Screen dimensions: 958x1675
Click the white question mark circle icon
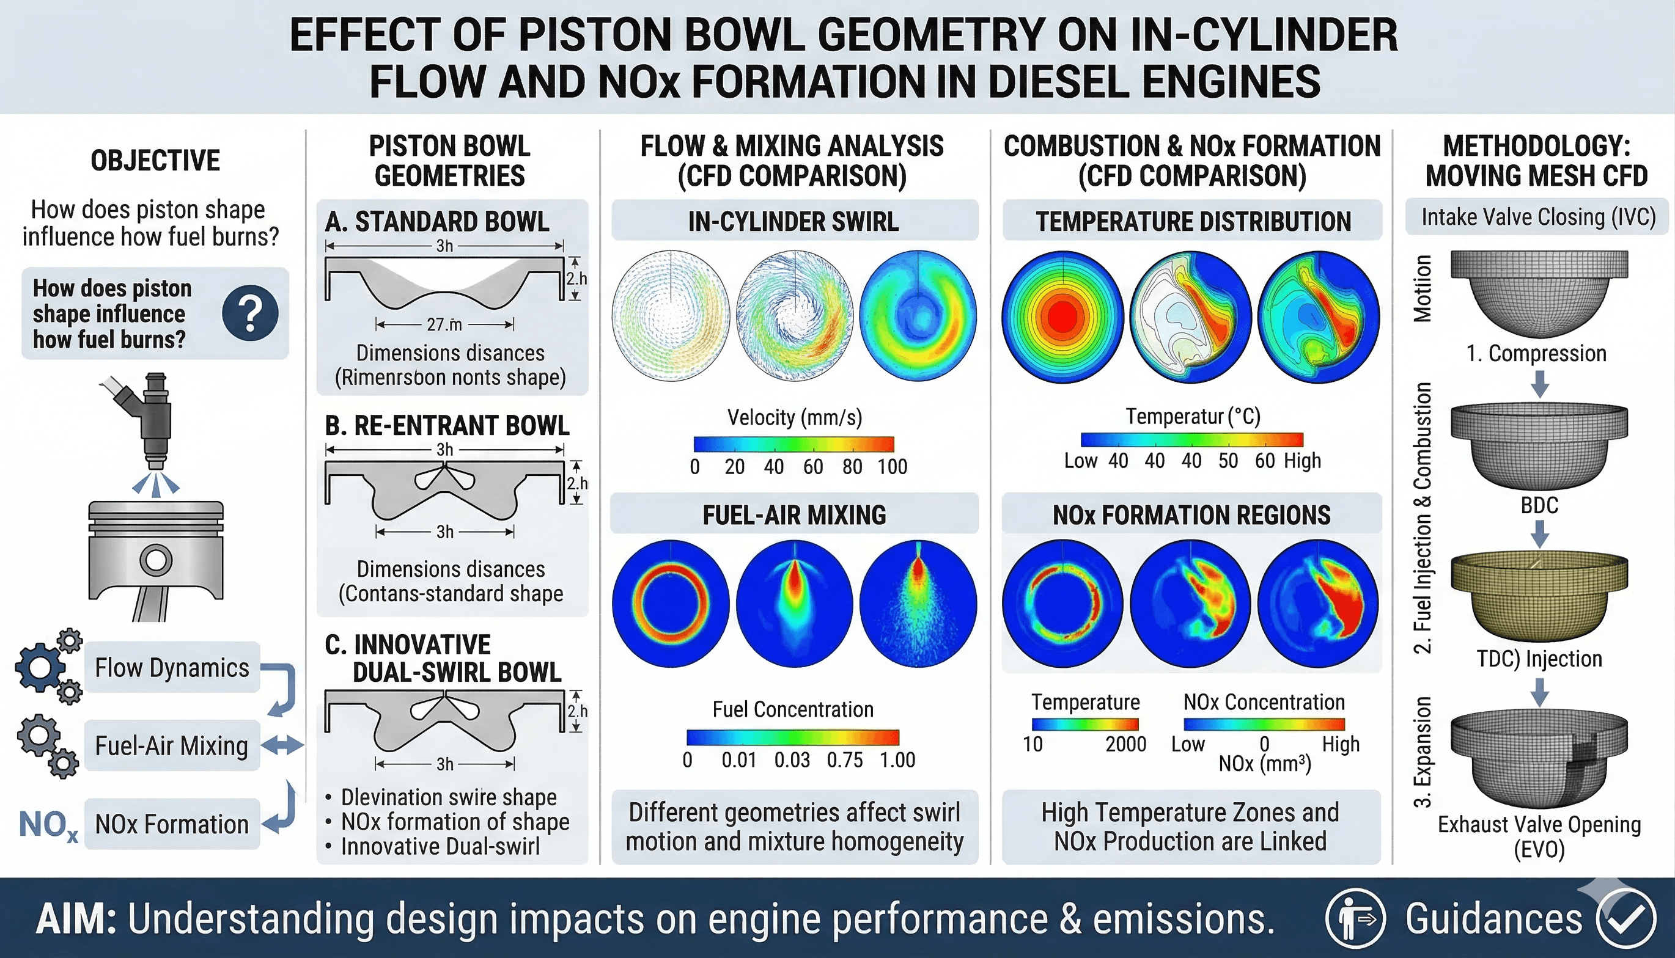click(250, 313)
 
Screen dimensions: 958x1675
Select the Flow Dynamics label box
click(172, 667)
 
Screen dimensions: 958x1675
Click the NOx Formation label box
click(172, 824)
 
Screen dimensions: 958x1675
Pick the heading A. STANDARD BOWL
click(437, 222)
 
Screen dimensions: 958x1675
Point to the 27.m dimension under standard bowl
click(444, 324)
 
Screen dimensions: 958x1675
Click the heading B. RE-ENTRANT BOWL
click(447, 426)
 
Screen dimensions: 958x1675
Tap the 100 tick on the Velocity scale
click(892, 467)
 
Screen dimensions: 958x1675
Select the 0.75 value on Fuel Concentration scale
click(844, 760)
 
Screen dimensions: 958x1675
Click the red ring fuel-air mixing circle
click(671, 604)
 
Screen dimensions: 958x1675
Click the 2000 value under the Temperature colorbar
click(1125, 744)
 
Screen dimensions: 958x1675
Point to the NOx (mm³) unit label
click(1264, 763)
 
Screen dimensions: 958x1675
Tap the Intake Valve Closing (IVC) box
click(1537, 217)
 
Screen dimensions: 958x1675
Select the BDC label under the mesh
click(1539, 505)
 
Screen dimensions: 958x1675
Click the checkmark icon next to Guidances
click(1626, 918)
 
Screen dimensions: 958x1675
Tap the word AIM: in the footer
click(76, 918)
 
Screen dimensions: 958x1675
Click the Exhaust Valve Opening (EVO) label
click(1539, 836)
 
